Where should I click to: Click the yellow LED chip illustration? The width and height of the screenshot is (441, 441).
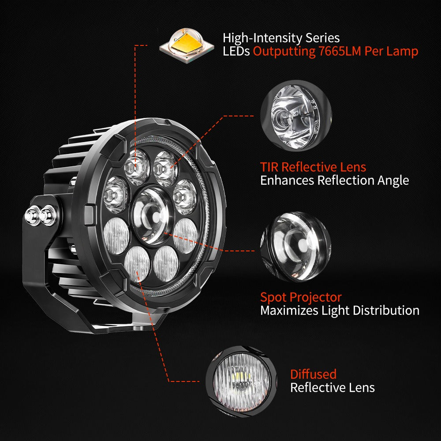pyautogui.click(x=187, y=45)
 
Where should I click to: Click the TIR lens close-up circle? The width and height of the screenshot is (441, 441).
pyautogui.click(x=296, y=116)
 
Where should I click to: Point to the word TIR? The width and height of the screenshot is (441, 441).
pyautogui.click(x=269, y=167)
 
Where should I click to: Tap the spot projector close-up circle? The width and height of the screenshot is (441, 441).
pyautogui.click(x=296, y=247)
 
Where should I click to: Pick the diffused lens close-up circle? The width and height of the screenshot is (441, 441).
pyautogui.click(x=241, y=381)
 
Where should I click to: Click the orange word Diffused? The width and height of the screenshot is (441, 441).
pyautogui.click(x=313, y=374)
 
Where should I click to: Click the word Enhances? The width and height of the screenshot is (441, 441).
pyautogui.click(x=288, y=180)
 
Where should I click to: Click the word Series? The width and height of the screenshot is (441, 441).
pyautogui.click(x=322, y=38)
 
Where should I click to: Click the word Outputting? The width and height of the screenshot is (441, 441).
pyautogui.click(x=284, y=52)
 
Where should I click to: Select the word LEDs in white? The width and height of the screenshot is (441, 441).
pyautogui.click(x=236, y=51)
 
